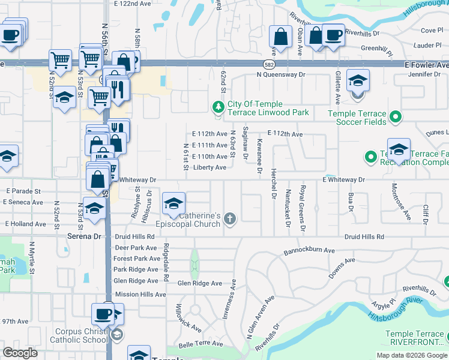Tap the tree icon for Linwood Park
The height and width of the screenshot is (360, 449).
pos(218,108)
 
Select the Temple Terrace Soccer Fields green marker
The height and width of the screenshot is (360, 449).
pos(395,118)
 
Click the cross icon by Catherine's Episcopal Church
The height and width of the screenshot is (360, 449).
pos(229,220)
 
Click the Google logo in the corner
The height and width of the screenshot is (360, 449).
pos(20,353)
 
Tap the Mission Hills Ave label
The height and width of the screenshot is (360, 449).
pos(139,294)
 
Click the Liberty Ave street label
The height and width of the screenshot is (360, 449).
pos(209,167)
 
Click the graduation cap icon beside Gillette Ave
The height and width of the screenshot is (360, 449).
pos(358,81)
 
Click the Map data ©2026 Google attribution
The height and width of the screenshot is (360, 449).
pos(412,355)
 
